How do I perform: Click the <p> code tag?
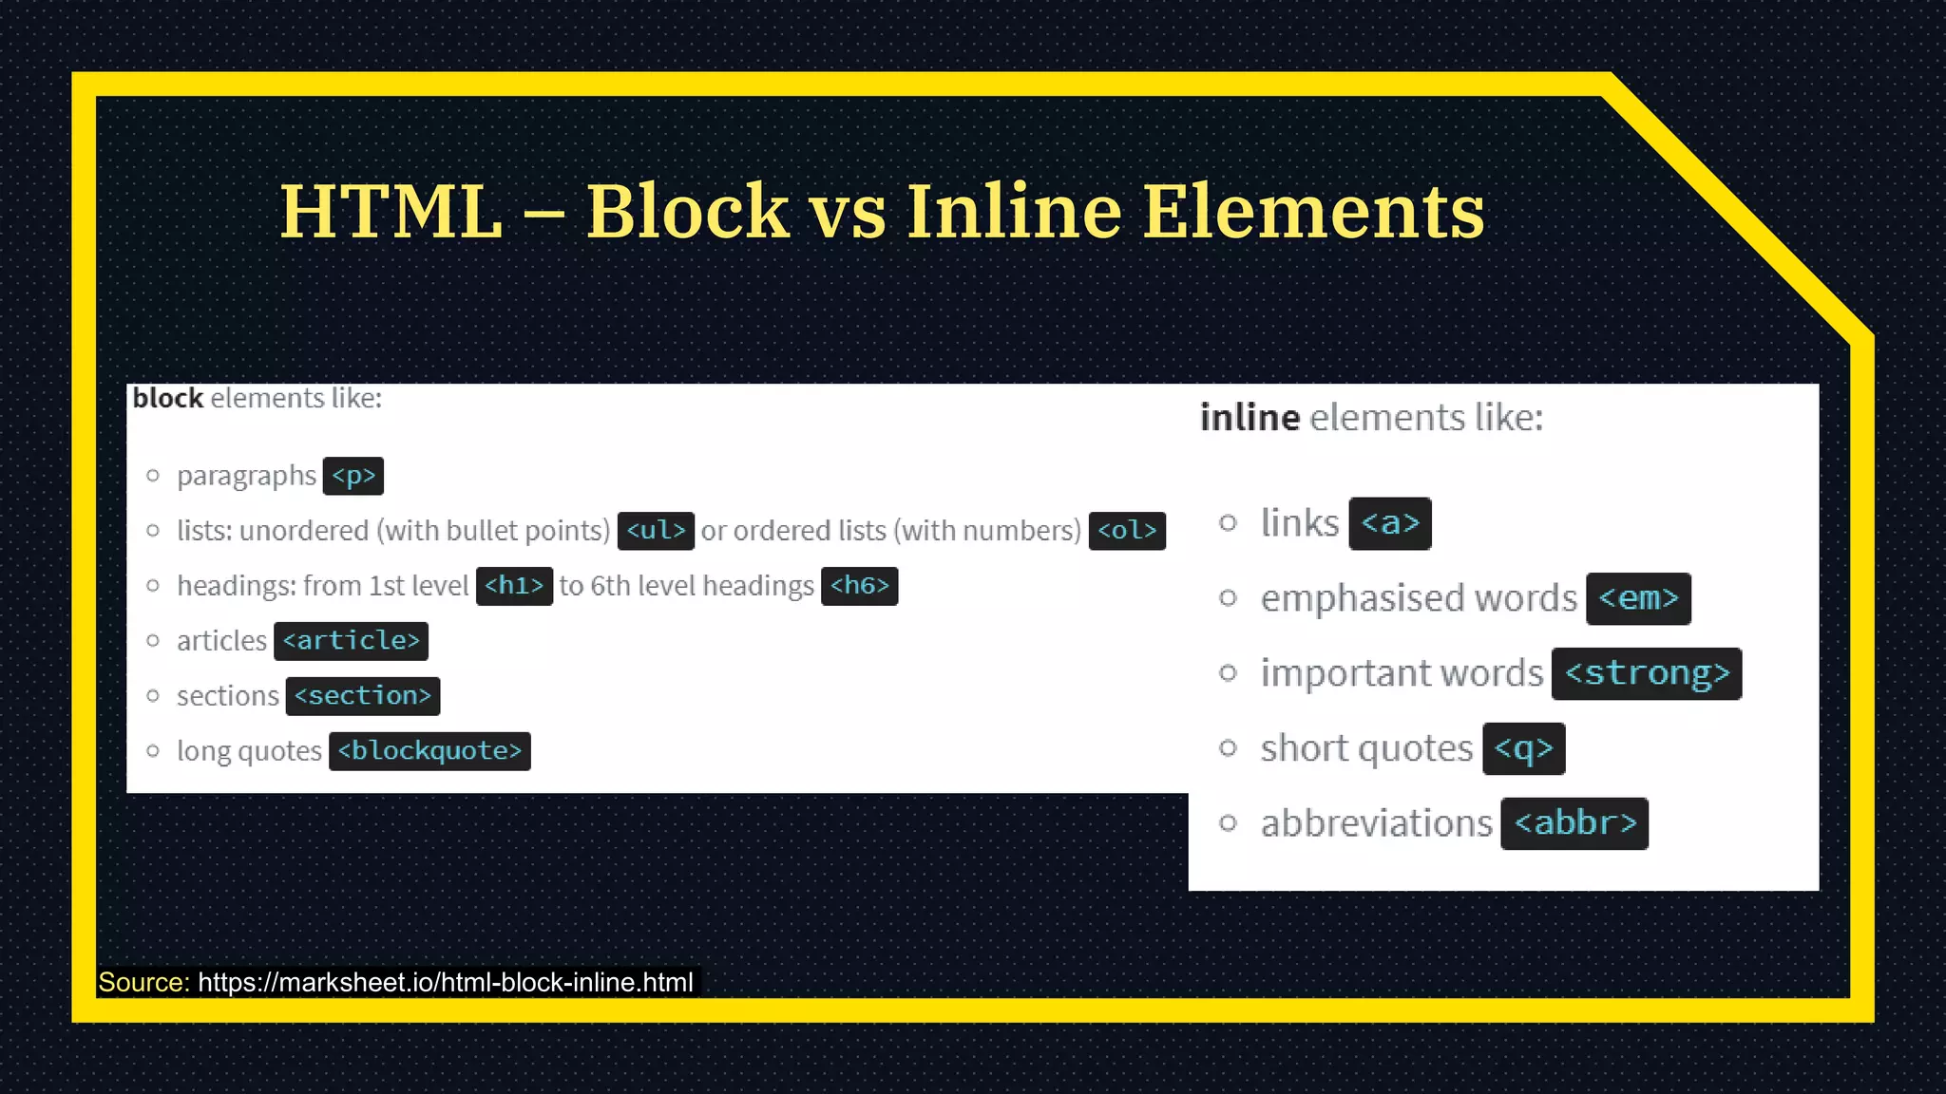click(x=353, y=476)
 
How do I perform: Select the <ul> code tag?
click(x=656, y=531)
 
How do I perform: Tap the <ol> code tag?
click(x=1127, y=531)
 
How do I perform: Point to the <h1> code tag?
click(x=514, y=586)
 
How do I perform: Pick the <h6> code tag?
click(x=859, y=586)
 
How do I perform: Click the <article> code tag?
click(x=351, y=641)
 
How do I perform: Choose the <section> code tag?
click(x=362, y=696)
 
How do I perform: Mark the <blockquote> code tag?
click(x=429, y=751)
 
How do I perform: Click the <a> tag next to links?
click(x=1390, y=523)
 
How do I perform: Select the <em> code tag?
click(x=1638, y=598)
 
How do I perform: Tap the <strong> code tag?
click(x=1647, y=673)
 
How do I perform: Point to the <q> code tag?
click(x=1523, y=748)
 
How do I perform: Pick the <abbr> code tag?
click(x=1574, y=823)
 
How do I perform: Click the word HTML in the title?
click(x=391, y=211)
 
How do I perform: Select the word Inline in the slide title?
click(x=1014, y=211)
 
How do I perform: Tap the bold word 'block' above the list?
click(x=168, y=398)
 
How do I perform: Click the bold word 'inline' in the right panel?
click(x=1250, y=418)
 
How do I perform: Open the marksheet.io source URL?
click(x=446, y=982)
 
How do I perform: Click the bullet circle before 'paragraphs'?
click(x=153, y=475)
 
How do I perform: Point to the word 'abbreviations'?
click(x=1376, y=823)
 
